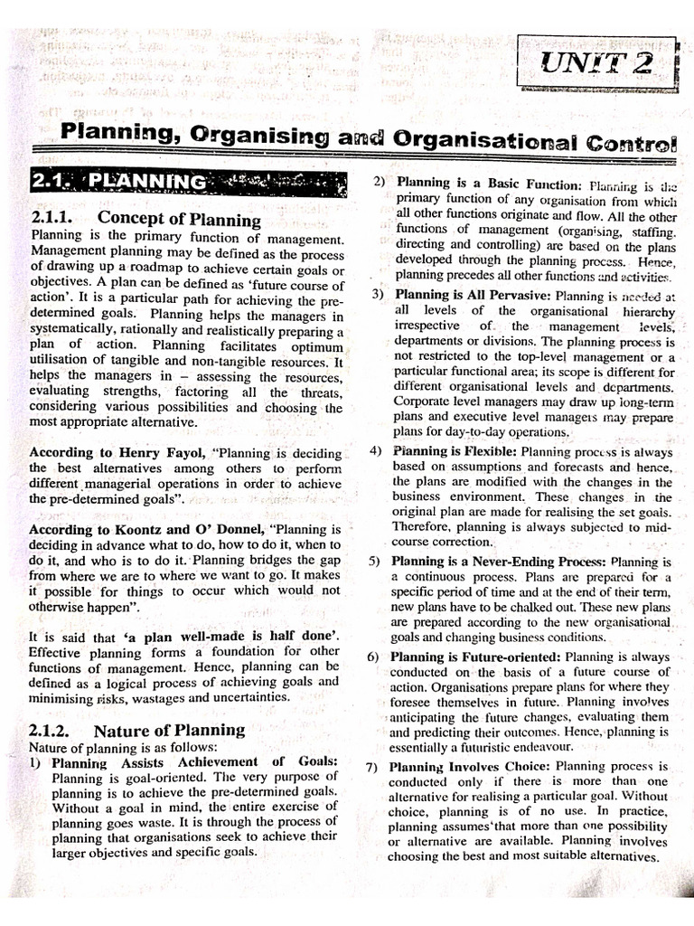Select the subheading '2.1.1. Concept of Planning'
tap(145, 219)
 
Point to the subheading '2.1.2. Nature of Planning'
tap(136, 730)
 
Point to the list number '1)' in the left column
tap(38, 762)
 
